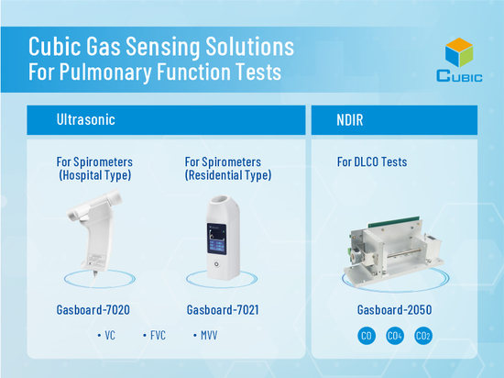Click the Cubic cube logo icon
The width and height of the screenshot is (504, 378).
click(x=459, y=52)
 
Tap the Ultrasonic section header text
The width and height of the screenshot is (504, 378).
click(x=86, y=119)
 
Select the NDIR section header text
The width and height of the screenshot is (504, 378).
click(x=350, y=120)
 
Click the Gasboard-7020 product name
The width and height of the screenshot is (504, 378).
click(x=93, y=310)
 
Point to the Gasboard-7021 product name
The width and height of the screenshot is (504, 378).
click(x=223, y=310)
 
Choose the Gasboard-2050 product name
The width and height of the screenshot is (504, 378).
click(x=394, y=310)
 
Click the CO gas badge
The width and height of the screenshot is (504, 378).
click(x=367, y=336)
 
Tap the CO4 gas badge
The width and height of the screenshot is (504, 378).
click(x=395, y=336)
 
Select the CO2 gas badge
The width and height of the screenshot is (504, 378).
click(x=423, y=336)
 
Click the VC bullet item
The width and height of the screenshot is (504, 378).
click(x=106, y=336)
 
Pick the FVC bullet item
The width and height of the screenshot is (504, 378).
click(x=154, y=336)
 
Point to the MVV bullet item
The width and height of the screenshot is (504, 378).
click(x=205, y=336)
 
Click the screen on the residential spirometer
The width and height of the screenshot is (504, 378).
click(x=216, y=239)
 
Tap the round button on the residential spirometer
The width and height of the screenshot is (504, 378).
click(x=216, y=264)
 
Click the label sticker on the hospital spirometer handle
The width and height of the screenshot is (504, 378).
click(x=97, y=260)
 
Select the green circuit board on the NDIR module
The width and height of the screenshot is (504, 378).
click(x=394, y=222)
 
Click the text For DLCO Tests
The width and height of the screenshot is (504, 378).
click(x=372, y=161)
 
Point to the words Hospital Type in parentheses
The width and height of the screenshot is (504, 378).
click(x=94, y=175)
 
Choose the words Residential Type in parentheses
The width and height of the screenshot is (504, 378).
click(x=228, y=175)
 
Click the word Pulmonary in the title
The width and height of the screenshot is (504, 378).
click(x=105, y=72)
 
